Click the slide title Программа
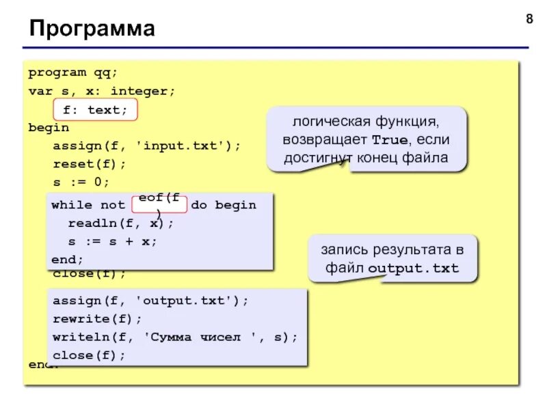[92, 29]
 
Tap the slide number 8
[529, 19]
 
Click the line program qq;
[72, 72]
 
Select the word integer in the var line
[142, 91]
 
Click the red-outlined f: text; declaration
[95, 109]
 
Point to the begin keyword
[49, 128]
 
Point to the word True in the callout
[387, 139]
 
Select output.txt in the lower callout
[412, 267]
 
